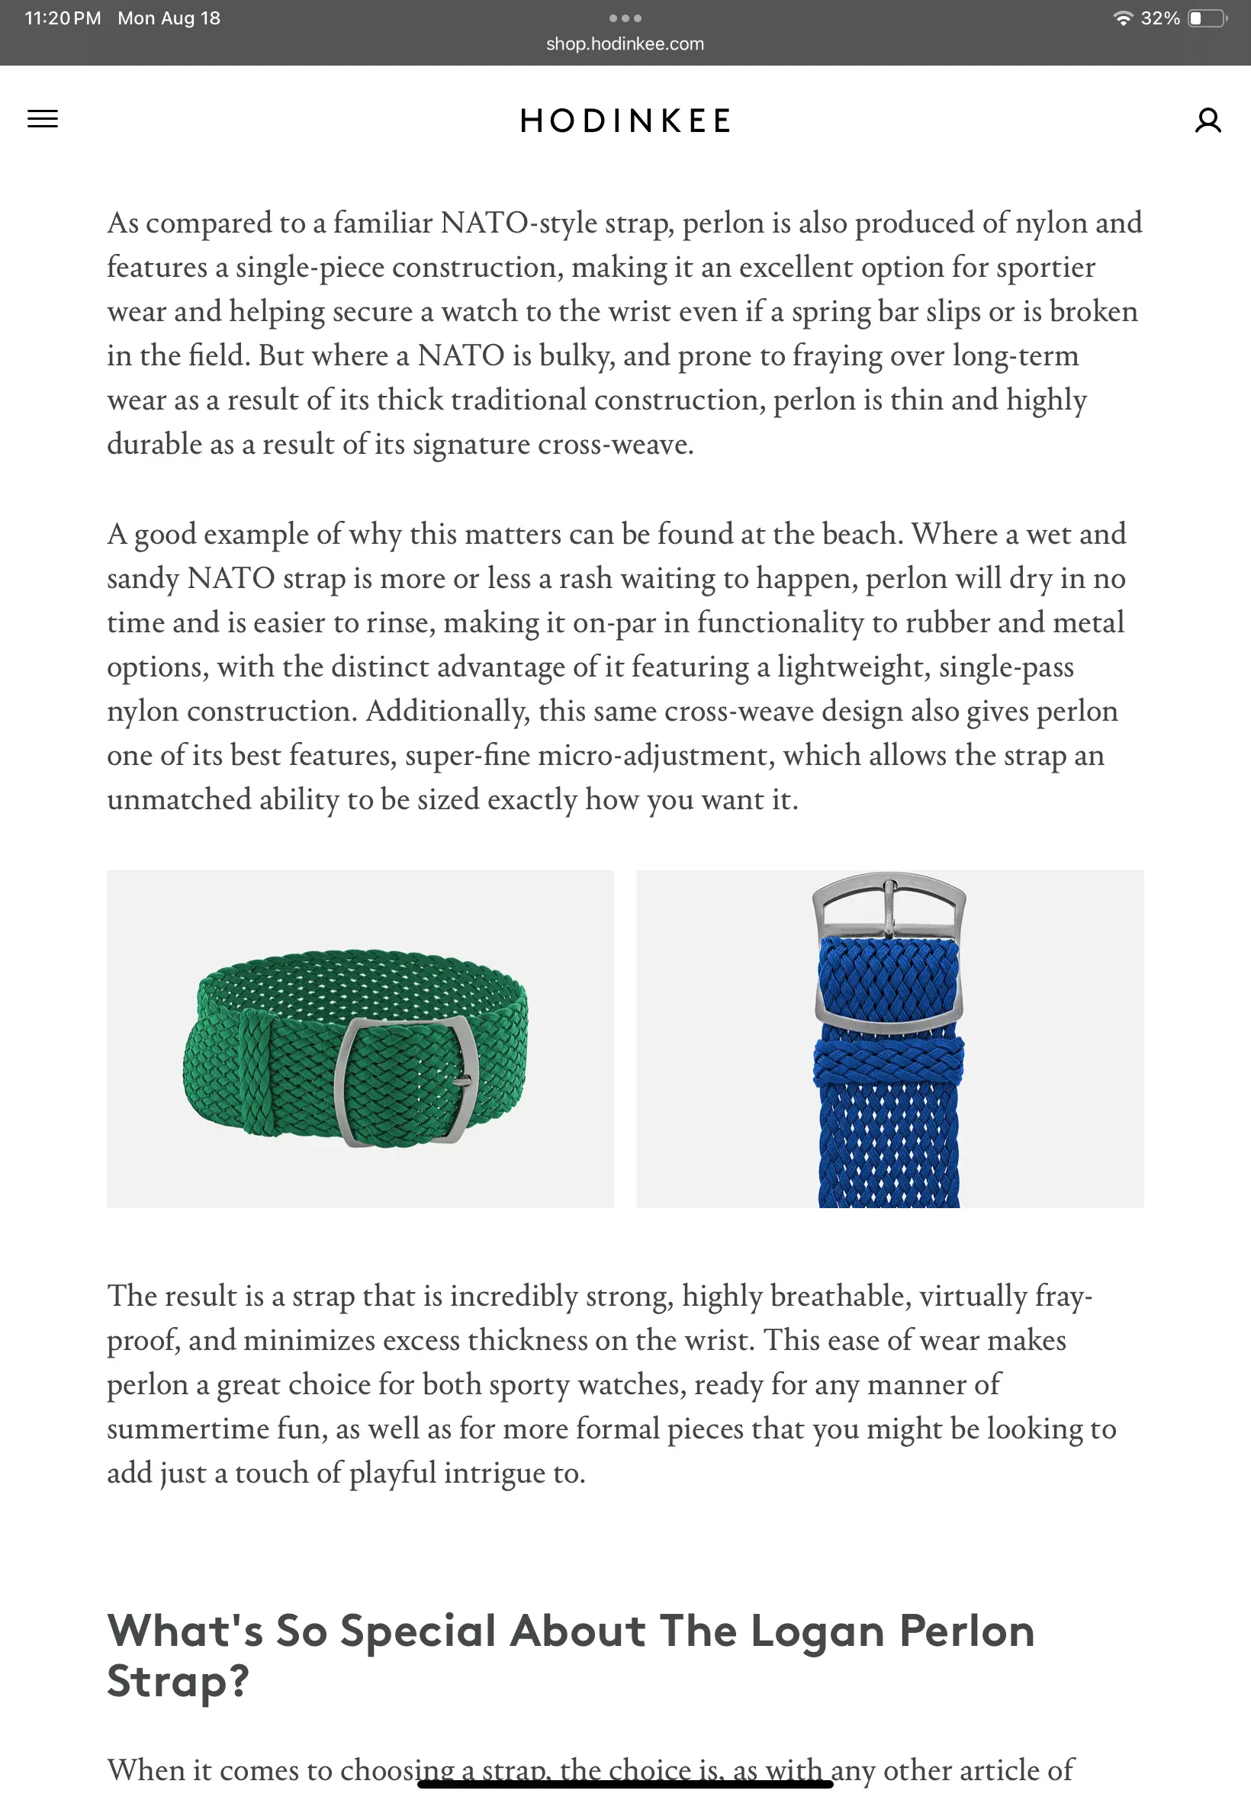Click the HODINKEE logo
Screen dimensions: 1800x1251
click(x=625, y=121)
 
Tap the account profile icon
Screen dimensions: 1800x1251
click(x=1207, y=121)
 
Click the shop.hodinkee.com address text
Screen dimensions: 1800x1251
click(x=625, y=44)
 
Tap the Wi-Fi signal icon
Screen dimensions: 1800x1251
click(x=1124, y=18)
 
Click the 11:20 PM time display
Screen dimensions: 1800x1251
click(x=63, y=18)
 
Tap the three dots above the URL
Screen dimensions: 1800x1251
click(x=625, y=18)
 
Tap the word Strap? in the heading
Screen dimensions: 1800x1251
click(x=178, y=1681)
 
